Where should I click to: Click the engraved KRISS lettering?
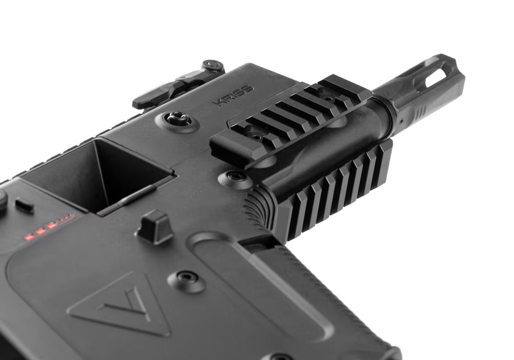click(234, 95)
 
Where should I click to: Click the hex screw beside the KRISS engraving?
click(178, 118)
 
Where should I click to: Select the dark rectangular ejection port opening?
click(98, 174)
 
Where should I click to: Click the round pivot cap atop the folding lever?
click(212, 65)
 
